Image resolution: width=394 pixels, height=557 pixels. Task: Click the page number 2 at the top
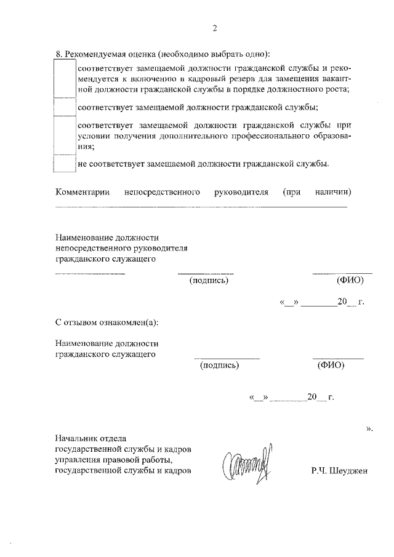pos(214,29)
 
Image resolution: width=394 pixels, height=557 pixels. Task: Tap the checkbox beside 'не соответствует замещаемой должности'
pos(65,164)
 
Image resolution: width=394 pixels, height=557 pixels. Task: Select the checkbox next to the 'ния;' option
pos(65,136)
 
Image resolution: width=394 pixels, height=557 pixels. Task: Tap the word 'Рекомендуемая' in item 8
pos(94,54)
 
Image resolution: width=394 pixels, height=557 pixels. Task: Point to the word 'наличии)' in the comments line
pos(332,192)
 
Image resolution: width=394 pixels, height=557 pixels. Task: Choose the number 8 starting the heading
pos(57,54)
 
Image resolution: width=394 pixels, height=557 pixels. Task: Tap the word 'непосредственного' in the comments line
pos(162,192)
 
